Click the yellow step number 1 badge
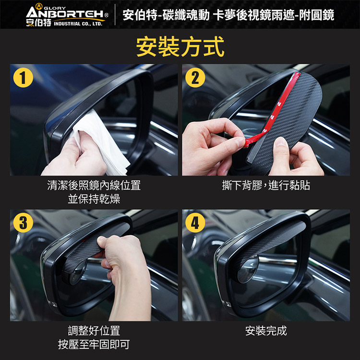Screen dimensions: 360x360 [23, 78]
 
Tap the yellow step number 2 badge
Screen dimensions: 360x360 [195, 78]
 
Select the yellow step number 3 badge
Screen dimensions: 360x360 [23, 223]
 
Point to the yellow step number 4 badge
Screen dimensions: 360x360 [195, 223]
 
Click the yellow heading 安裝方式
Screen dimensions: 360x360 [180, 47]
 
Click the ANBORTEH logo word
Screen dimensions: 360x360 [65, 13]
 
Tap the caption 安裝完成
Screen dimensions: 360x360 [266, 331]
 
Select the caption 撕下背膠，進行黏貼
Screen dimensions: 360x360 [266, 185]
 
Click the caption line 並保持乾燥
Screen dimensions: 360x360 [94, 199]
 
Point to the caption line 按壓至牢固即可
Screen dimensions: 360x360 [94, 344]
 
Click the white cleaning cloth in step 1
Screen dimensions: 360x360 [101, 143]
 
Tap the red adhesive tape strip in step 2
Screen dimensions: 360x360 [273, 110]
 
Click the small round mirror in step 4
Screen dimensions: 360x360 [248, 269]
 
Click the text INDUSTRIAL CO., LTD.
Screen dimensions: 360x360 [78, 24]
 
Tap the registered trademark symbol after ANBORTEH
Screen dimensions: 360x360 [106, 15]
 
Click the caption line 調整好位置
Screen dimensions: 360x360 [94, 331]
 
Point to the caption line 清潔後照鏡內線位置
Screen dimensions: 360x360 [94, 185]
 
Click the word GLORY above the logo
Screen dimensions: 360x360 [55, 8]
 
